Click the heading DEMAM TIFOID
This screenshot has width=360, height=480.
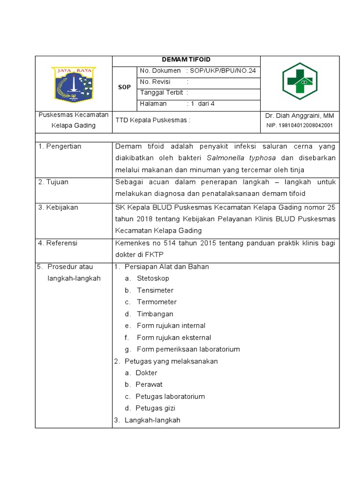[186, 60]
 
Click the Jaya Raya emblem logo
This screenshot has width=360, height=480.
[74, 84]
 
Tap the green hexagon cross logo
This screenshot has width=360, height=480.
[300, 82]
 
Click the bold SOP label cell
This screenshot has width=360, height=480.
[124, 87]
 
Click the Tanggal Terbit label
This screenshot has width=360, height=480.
[161, 93]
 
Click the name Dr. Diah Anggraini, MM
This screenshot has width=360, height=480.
[300, 116]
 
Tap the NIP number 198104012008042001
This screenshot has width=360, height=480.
[300, 126]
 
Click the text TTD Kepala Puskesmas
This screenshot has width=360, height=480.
[153, 120]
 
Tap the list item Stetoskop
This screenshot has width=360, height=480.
[153, 278]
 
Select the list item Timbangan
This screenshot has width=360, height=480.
[155, 314]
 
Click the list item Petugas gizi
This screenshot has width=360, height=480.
[155, 408]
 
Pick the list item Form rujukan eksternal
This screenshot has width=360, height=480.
[174, 337]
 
